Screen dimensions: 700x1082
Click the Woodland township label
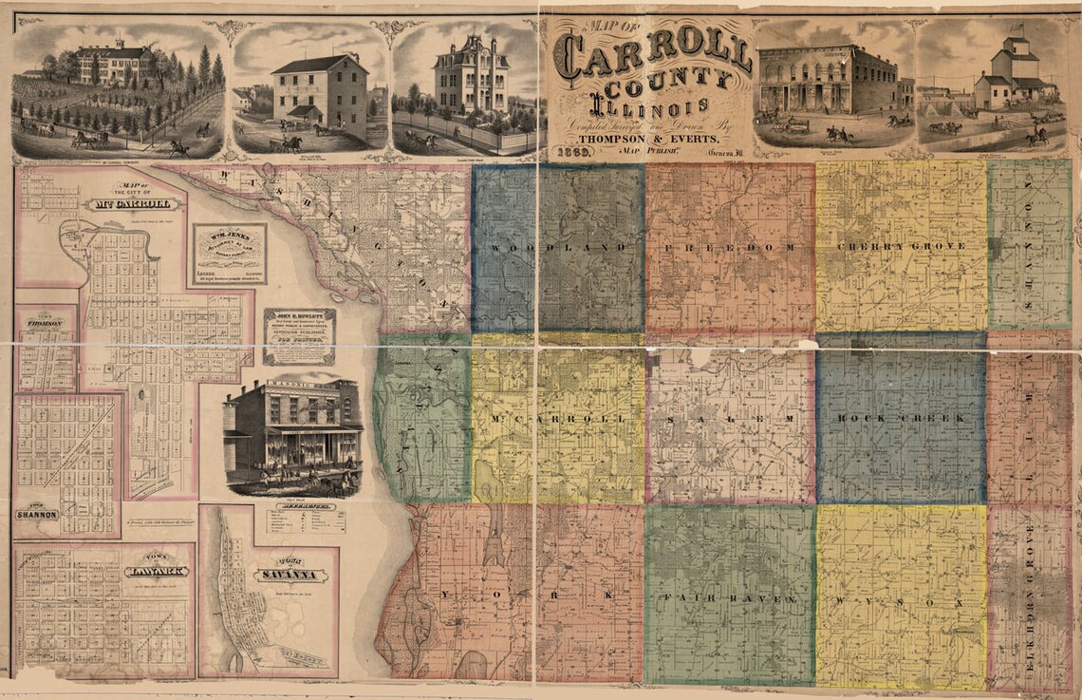click(557, 248)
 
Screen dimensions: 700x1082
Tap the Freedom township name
click(730, 247)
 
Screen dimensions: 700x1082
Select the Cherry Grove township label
click(902, 247)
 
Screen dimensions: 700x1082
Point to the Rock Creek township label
click(901, 418)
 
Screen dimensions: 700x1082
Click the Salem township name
click(729, 419)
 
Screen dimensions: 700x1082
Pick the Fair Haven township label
click(728, 600)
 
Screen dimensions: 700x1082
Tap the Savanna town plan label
click(289, 575)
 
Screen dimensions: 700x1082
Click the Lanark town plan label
click(156, 571)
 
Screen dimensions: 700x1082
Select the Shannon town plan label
click(37, 514)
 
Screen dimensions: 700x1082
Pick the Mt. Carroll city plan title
click(132, 203)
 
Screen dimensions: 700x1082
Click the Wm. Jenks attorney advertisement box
click(229, 255)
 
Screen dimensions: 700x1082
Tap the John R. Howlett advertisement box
click(299, 336)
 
